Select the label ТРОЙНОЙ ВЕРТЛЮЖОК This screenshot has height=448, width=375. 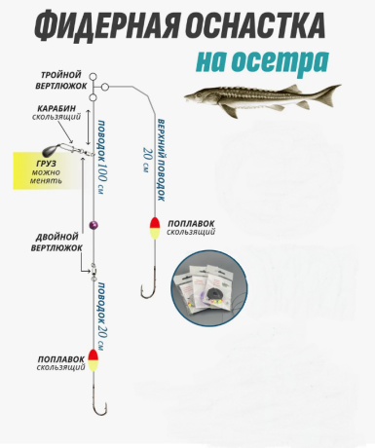coord(61,80)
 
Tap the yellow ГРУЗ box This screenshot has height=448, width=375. coord(51,170)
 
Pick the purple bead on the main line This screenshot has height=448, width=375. coord(94,225)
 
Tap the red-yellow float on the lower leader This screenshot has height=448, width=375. coord(94,362)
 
